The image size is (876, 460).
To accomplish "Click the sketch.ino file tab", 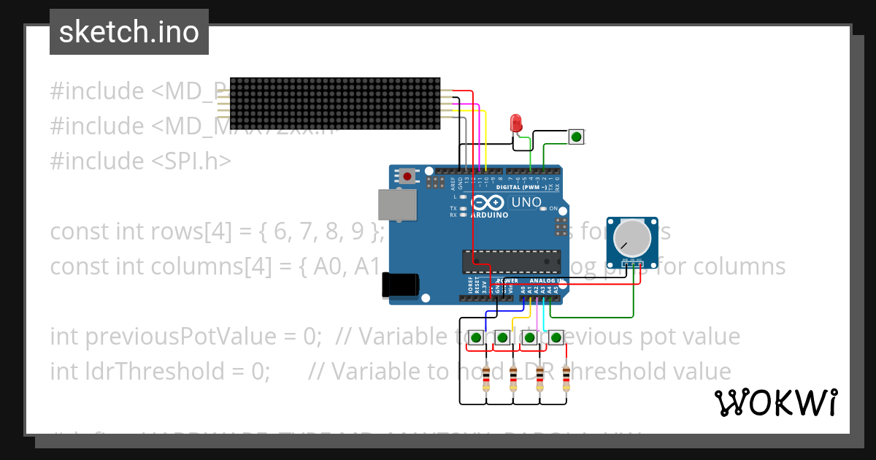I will click(x=129, y=32).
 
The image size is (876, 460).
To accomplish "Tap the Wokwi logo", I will click(x=775, y=402).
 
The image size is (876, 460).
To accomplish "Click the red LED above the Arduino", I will click(x=517, y=122).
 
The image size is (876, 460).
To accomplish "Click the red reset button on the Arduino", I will click(x=406, y=176).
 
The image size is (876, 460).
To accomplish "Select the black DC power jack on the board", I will click(x=400, y=285).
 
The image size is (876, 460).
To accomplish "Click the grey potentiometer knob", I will click(x=632, y=237).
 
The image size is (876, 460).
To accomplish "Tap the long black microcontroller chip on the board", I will click(x=511, y=261).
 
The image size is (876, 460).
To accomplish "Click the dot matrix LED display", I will click(x=335, y=104).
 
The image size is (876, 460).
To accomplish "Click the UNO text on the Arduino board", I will click(x=526, y=202).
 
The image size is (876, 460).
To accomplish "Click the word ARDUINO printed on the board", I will click(x=489, y=215).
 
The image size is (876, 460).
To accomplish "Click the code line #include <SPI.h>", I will click(x=140, y=161).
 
